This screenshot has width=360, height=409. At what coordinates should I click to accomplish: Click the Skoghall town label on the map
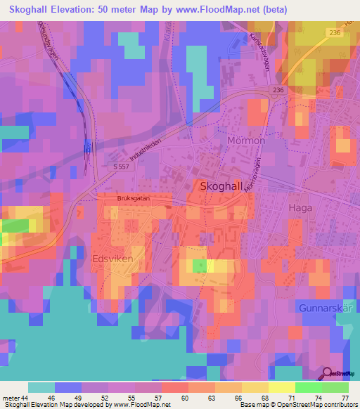(x=224, y=187)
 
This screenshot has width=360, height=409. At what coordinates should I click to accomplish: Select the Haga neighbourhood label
(x=300, y=207)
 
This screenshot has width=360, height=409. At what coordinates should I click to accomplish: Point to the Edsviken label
(x=112, y=259)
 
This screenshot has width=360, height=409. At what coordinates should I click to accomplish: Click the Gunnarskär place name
(x=324, y=308)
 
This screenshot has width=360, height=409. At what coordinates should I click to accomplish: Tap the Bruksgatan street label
(x=134, y=199)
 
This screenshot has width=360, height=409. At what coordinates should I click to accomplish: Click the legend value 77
(x=345, y=397)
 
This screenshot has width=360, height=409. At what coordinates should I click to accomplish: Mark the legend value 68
(x=264, y=397)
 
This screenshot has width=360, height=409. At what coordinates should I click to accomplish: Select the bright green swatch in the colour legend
(x=309, y=387)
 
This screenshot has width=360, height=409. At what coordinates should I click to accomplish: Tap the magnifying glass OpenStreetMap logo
(x=328, y=375)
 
